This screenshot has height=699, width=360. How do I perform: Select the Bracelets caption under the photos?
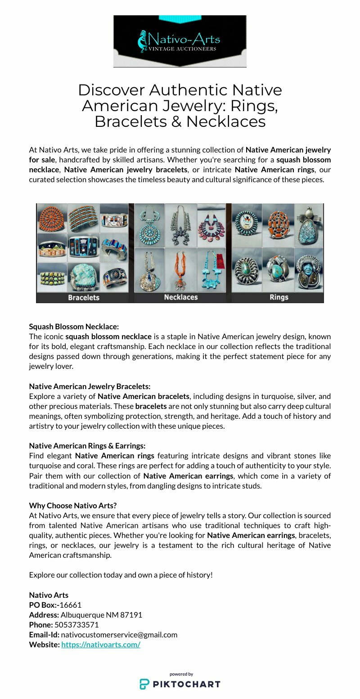pyautogui.click(x=84, y=297)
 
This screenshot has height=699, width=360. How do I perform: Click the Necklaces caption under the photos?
pyautogui.click(x=180, y=297)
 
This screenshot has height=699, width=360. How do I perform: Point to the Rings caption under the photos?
pyautogui.click(x=279, y=297)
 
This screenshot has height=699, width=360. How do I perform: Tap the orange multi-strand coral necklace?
pyautogui.click(x=181, y=269)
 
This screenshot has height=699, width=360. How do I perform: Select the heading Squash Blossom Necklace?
pyautogui.click(x=73, y=326)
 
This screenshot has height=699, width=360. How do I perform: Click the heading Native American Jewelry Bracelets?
pyautogui.click(x=90, y=386)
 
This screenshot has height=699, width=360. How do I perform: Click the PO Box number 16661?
pyautogui.click(x=71, y=605)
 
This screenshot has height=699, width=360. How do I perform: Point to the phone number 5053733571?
pyautogui.click(x=76, y=624)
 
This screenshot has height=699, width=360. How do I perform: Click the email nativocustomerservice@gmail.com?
pyautogui.click(x=119, y=634)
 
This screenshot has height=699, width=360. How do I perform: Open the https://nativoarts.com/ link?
pyautogui.click(x=101, y=644)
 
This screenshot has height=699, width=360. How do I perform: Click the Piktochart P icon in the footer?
pyautogui.click(x=144, y=684)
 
